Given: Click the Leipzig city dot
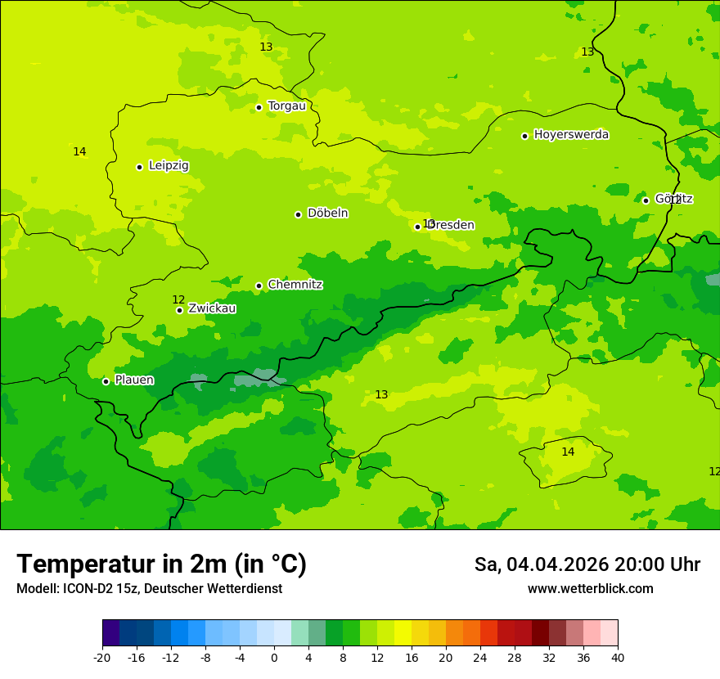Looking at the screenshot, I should tap(139, 167).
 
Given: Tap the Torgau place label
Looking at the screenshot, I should tap(286, 106).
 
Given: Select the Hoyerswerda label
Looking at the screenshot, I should tap(571, 135).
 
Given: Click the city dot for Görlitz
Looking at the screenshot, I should tap(646, 200).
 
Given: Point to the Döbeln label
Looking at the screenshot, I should tap(327, 214).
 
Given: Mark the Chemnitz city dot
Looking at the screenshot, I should tap(259, 286).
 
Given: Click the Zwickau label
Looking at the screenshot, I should tap(212, 308).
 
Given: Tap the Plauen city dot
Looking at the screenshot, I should tap(106, 381).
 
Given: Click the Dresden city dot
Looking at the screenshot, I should tap(417, 227).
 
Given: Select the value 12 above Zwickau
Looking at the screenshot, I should tap(178, 299).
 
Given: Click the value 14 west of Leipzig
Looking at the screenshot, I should tap(79, 152).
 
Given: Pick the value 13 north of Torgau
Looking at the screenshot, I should tap(266, 47).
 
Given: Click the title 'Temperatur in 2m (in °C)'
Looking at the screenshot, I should tap(161, 564).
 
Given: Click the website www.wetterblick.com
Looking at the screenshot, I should tap(590, 589).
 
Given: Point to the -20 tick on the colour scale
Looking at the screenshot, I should tap(102, 657).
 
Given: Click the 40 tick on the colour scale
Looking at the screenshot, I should tap(618, 657).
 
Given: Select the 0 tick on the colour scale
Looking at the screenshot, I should tap(274, 657).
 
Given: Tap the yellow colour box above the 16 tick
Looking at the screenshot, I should tap(403, 633).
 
